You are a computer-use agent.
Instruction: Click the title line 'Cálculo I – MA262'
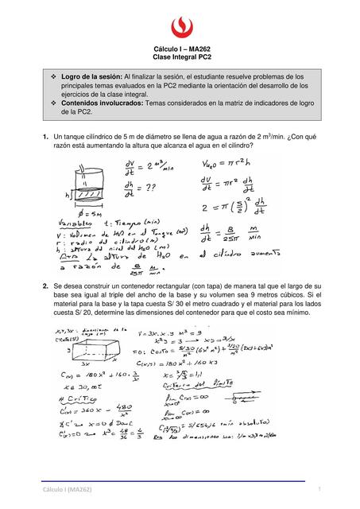(x=180, y=50)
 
